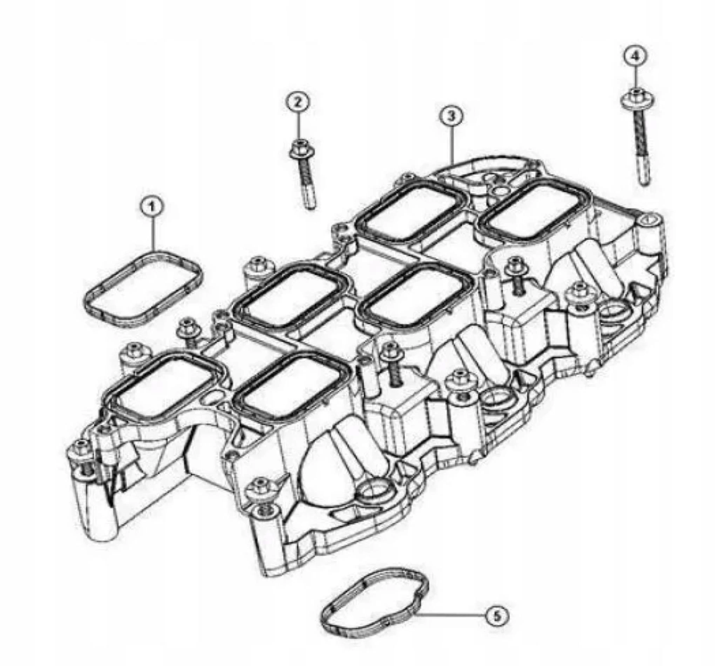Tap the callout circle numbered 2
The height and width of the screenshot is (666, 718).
(x=297, y=103)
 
